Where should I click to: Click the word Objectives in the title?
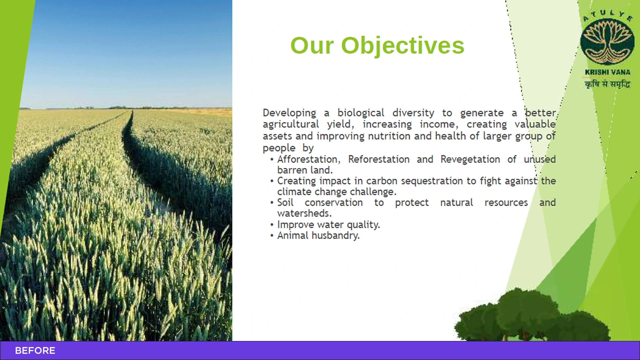pyautogui.click(x=403, y=46)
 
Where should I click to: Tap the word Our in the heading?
pyautogui.click(x=312, y=46)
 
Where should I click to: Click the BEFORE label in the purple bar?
pyautogui.click(x=35, y=351)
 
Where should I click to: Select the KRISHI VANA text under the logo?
pyautogui.click(x=607, y=72)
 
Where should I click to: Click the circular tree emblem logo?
pyautogui.click(x=607, y=42)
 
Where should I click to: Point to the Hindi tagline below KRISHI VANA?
pyautogui.click(x=607, y=84)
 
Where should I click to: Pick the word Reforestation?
pyautogui.click(x=379, y=159)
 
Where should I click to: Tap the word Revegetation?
pyautogui.click(x=470, y=160)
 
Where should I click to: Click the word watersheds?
pyautogui.click(x=304, y=213)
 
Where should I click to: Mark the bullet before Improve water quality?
pyautogui.click(x=272, y=225)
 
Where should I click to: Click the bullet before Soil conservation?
pyautogui.click(x=272, y=203)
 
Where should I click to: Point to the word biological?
pyautogui.click(x=361, y=113)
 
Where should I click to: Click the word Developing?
pyautogui.click(x=289, y=113)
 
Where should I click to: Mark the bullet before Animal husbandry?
pyautogui.click(x=272, y=236)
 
